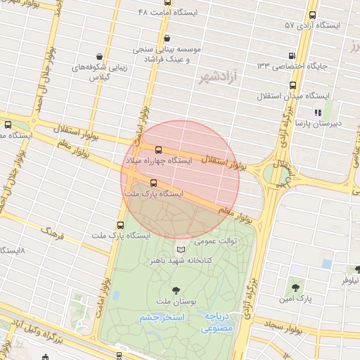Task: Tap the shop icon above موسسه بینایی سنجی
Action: [167, 39]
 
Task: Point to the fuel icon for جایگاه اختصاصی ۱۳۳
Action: [290, 55]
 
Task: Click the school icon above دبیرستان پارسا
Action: [318, 111]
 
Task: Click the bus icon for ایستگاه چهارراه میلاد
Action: [157, 150]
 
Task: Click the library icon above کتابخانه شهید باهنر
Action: [181, 249]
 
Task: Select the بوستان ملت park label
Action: [175, 301]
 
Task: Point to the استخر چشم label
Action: [162, 317]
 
